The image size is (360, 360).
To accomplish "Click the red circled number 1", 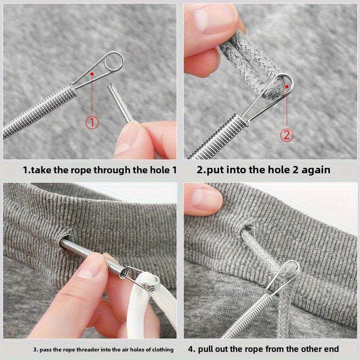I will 92,122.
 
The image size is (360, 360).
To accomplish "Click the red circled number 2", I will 287,135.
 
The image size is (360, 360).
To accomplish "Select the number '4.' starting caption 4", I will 191,349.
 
